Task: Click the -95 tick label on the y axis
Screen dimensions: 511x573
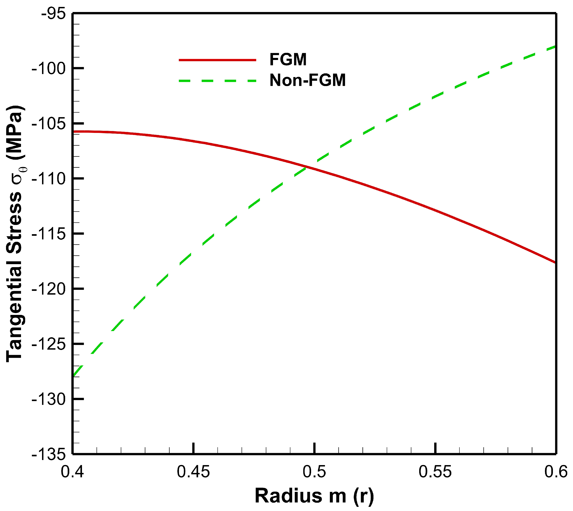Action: (x=53, y=14)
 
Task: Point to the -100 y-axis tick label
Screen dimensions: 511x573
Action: (x=49, y=68)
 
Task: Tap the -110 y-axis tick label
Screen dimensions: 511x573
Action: (x=49, y=179)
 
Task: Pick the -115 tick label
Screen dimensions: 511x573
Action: (x=49, y=234)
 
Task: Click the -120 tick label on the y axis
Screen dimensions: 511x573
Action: (x=49, y=289)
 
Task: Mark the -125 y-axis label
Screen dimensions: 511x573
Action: (x=49, y=344)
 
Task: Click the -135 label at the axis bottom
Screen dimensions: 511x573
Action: (x=49, y=454)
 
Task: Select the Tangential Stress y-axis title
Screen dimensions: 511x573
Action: (x=15, y=234)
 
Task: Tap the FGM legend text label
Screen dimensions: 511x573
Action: (x=288, y=60)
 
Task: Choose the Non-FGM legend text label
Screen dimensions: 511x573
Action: (x=308, y=80)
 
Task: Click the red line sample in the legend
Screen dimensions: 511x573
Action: (x=218, y=60)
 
